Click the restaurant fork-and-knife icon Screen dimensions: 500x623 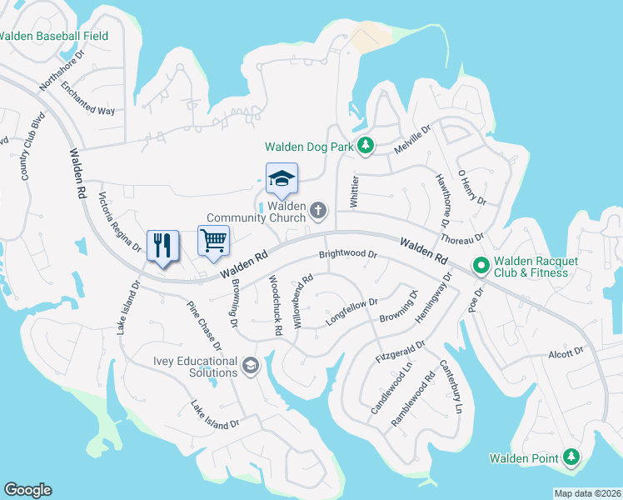click(x=162, y=245)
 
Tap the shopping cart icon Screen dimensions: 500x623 click(x=213, y=240)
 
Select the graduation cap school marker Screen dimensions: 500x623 click(x=282, y=177)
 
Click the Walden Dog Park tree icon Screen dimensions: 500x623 click(x=366, y=147)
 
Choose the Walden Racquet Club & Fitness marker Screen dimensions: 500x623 click(x=481, y=267)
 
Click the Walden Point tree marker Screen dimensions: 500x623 click(x=571, y=457)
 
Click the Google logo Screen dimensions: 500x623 click(x=27, y=490)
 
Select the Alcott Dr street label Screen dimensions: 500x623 click(x=567, y=353)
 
